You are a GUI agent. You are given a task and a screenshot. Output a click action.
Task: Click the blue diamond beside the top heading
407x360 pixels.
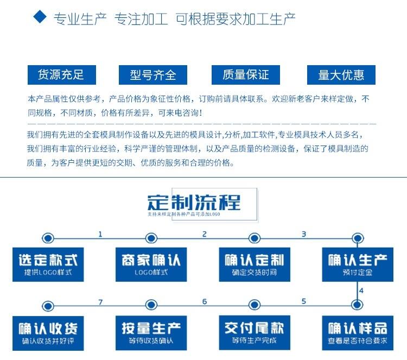(40, 17)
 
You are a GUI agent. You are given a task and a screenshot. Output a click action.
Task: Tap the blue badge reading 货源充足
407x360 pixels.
(61, 74)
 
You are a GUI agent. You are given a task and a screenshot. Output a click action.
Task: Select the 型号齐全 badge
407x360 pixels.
(152, 75)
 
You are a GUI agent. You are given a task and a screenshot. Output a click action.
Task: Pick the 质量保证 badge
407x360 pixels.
(245, 74)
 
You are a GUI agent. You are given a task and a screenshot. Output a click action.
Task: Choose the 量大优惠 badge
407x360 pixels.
(341, 75)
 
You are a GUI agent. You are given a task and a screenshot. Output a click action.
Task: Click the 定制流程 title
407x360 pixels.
(194, 202)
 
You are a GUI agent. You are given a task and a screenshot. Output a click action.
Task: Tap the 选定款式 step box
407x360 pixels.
(48, 264)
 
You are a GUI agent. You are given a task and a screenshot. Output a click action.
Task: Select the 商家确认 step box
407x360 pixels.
(151, 264)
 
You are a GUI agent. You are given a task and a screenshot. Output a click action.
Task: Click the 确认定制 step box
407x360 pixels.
(254, 264)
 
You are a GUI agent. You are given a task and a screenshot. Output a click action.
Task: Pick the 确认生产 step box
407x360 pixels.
(357, 264)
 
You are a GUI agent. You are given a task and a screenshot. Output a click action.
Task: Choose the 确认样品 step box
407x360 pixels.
(357, 332)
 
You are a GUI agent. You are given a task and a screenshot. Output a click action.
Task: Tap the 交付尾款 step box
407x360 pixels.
(254, 332)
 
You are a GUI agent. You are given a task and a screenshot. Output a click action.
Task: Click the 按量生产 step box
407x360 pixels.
(151, 332)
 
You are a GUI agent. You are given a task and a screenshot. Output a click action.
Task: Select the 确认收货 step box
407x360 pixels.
(48, 332)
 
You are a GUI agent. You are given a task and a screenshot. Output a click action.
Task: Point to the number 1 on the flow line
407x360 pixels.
(100, 234)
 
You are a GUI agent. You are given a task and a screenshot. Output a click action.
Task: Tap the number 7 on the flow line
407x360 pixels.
(100, 302)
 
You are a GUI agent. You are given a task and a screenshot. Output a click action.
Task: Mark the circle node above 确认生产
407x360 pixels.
(357, 238)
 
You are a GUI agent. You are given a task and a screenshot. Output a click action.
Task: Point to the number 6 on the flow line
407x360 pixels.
(205, 302)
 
